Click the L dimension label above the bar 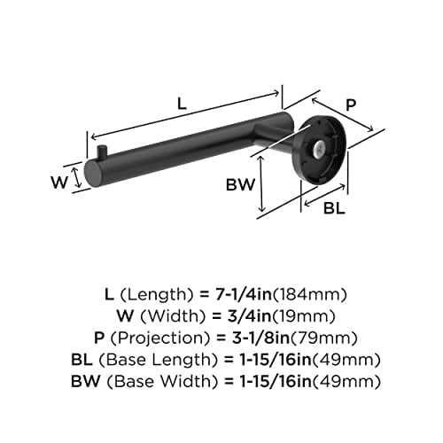[182, 103]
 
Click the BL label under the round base [334, 210]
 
